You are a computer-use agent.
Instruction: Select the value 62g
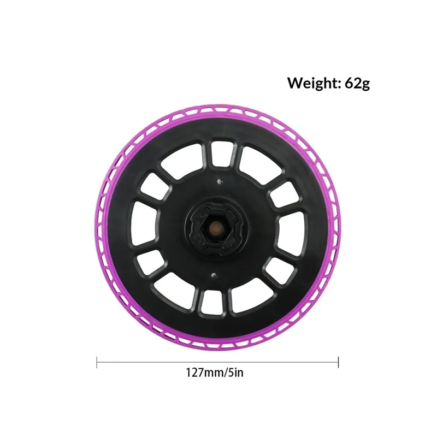(x=357, y=84)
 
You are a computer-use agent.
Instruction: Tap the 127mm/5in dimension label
(x=215, y=373)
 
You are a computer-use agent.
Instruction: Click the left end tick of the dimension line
(x=97, y=362)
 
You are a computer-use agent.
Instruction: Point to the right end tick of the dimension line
(x=338, y=362)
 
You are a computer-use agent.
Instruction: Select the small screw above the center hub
(x=219, y=182)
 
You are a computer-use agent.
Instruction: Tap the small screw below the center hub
(x=213, y=276)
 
